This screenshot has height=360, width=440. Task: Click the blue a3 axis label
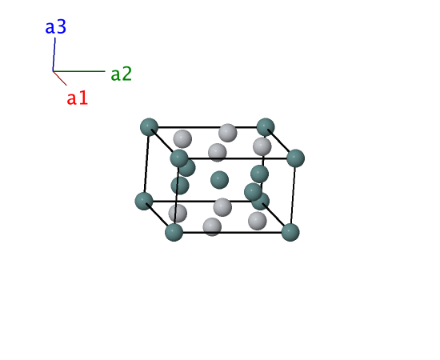(x=56, y=27)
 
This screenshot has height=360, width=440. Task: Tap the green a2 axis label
(x=122, y=74)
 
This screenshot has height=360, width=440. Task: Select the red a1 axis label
(x=78, y=98)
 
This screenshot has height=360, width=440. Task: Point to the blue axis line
(x=54, y=54)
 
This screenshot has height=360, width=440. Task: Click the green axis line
(x=79, y=71)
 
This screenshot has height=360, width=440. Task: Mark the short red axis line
(x=60, y=78)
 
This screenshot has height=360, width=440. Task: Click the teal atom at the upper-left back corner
(x=149, y=127)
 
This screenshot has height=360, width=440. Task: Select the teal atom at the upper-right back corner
(x=266, y=127)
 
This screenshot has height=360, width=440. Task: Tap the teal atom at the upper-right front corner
(x=295, y=158)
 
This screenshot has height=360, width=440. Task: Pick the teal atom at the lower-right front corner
(x=290, y=232)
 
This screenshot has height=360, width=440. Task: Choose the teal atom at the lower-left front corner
(x=174, y=232)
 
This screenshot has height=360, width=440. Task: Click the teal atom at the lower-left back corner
(x=144, y=201)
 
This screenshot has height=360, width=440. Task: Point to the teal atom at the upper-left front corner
(x=179, y=158)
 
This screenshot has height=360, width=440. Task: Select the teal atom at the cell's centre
(x=219, y=180)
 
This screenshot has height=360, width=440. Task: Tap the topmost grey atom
(x=227, y=133)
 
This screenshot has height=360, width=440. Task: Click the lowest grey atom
(x=212, y=226)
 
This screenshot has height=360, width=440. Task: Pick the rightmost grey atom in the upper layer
(x=262, y=146)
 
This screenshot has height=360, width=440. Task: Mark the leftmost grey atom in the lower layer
(x=178, y=213)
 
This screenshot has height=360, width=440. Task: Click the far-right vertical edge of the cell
(x=293, y=195)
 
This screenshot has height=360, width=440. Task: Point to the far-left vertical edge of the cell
(x=146, y=164)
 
